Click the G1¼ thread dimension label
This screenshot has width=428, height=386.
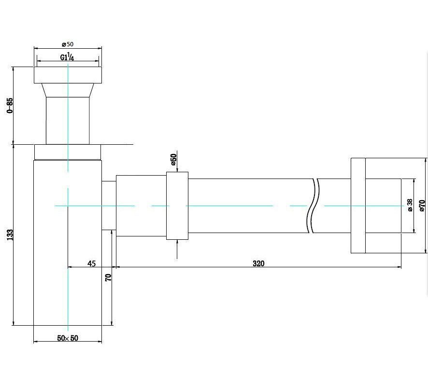tap(67, 57)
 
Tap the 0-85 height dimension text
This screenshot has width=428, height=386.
tap(10, 106)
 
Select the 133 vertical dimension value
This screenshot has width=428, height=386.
tap(10, 235)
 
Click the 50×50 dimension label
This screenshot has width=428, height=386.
tap(68, 338)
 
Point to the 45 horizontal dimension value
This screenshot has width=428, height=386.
tap(92, 263)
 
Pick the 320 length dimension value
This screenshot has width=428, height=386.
tap(258, 263)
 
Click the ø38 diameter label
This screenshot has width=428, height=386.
tap(410, 205)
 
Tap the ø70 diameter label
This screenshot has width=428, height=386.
tap(422, 206)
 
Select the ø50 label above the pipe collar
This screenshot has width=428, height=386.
tap(173, 160)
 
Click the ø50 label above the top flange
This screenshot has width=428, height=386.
tap(68, 44)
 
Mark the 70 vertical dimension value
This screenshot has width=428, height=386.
tap(108, 277)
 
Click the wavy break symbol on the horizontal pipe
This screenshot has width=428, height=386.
tap(313, 206)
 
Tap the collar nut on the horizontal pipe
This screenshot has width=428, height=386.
tap(177, 206)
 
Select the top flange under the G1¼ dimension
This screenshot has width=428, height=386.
tap(68, 75)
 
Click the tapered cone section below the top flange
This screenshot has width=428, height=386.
tap(68, 90)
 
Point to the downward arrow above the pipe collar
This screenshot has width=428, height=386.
tap(177, 161)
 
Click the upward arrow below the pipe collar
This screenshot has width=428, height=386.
tap(177, 249)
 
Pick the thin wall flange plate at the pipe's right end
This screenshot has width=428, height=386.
tap(358, 206)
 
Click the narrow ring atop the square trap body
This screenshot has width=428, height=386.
tap(68, 152)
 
